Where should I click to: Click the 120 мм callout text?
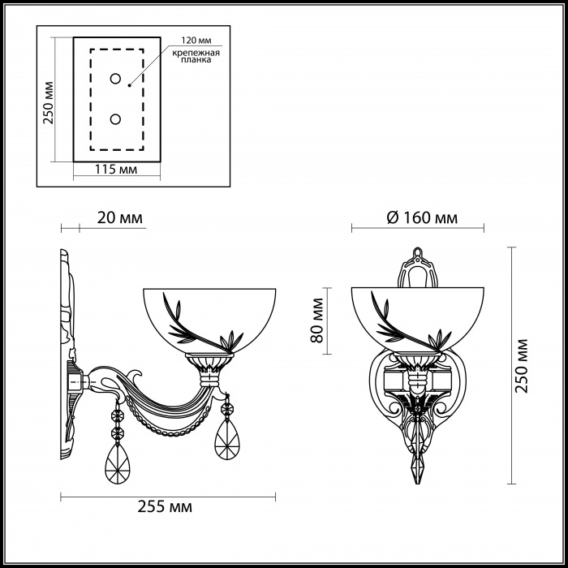click(x=196, y=40)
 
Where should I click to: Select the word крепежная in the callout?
click(x=196, y=54)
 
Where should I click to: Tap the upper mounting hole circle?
click(x=115, y=79)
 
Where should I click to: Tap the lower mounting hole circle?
click(x=115, y=119)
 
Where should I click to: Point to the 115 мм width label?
click(x=116, y=169)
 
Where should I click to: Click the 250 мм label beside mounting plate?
click(x=48, y=103)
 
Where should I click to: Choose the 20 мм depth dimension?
click(x=120, y=218)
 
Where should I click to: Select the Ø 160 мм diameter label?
click(x=422, y=217)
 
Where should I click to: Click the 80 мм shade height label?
click(x=317, y=321)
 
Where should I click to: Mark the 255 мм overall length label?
click(x=165, y=507)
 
